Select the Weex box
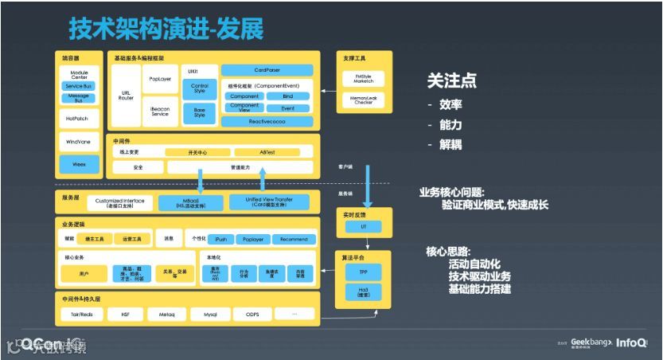tap(80, 165)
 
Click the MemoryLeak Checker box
tap(363, 100)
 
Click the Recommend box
tap(294, 239)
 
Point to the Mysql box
tap(210, 314)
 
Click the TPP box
tap(363, 272)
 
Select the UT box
tap(363, 228)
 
